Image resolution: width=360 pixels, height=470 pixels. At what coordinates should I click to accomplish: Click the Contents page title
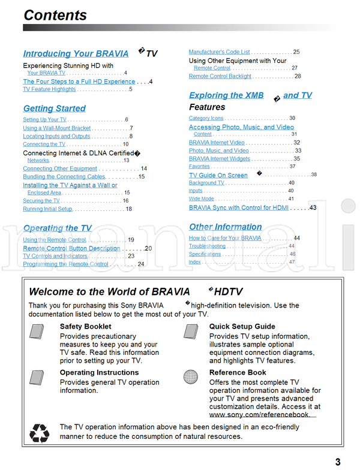[55, 14]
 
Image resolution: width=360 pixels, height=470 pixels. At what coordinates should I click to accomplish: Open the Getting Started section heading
[55, 109]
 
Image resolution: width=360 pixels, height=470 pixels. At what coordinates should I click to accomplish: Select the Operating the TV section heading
[58, 228]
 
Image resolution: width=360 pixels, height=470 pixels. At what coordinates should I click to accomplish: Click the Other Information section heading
[226, 227]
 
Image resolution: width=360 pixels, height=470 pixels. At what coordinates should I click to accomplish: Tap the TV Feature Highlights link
[49, 89]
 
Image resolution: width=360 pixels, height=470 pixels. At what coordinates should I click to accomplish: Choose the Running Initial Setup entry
[47, 209]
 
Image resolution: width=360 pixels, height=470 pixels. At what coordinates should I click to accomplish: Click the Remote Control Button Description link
[71, 248]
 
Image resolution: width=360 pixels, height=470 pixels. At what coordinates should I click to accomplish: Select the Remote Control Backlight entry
[220, 77]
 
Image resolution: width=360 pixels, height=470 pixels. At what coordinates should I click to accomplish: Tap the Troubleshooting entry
[207, 246]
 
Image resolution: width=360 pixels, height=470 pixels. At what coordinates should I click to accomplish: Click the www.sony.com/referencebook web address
[260, 414]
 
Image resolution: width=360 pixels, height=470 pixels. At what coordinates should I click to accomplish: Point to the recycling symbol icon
[40, 432]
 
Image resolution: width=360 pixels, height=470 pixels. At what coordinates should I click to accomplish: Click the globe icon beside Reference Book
[191, 376]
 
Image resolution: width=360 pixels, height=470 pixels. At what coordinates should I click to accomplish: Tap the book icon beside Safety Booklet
[37, 332]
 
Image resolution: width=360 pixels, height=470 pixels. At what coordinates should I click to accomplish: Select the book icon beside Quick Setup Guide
[191, 332]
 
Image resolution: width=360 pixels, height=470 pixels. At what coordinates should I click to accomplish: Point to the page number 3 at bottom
[338, 462]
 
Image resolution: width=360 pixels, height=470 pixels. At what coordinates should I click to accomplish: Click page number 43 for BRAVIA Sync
[313, 208]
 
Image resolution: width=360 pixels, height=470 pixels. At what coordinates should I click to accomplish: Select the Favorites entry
[199, 167]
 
